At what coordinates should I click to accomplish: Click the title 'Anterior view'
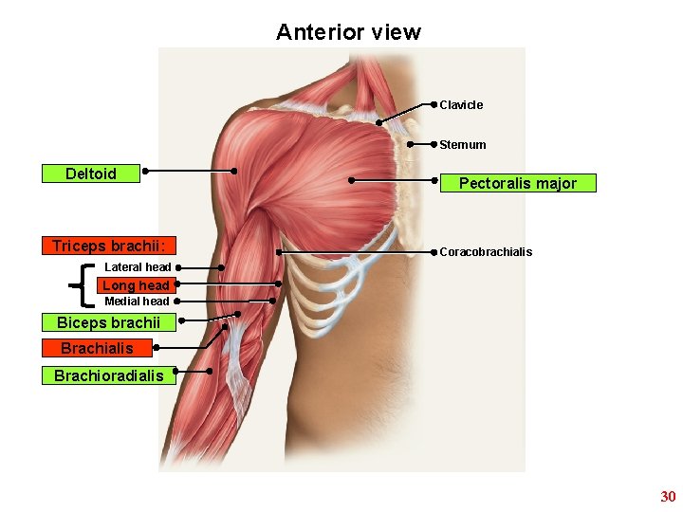(348, 32)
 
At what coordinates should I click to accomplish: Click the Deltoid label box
(91, 174)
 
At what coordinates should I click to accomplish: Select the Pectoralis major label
(518, 183)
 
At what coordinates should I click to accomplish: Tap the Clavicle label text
(461, 104)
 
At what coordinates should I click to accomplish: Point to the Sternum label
(463, 145)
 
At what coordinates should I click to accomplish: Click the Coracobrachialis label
(486, 252)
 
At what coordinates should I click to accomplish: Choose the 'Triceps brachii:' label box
(109, 246)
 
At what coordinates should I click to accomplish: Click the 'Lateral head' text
(138, 267)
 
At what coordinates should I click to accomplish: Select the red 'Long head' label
(136, 284)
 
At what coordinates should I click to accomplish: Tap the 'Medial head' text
(137, 302)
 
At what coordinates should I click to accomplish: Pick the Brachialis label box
(97, 348)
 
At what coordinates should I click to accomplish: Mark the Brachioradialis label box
(108, 375)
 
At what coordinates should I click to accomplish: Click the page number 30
(668, 497)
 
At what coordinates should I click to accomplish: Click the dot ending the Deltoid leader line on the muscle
(234, 171)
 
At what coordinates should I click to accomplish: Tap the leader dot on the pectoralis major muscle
(351, 179)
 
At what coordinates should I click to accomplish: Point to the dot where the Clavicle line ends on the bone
(379, 122)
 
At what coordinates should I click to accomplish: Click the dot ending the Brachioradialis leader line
(210, 372)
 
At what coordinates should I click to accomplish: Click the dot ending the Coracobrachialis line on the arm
(279, 252)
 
